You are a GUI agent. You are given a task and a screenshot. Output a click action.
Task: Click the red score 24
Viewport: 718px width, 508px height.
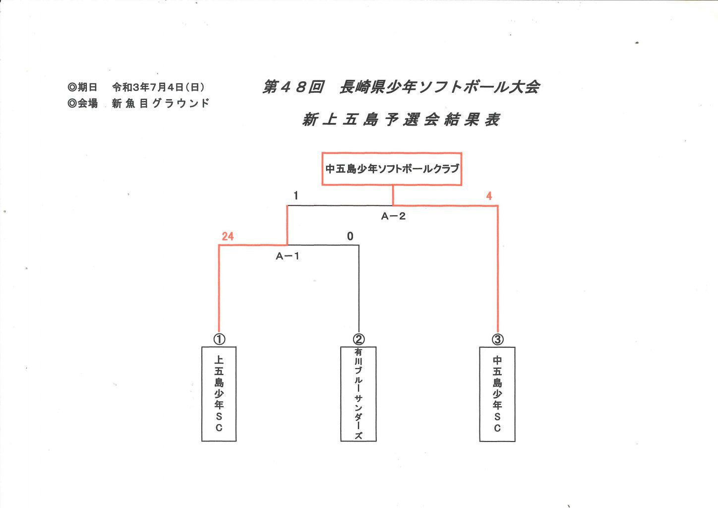pyautogui.click(x=228, y=236)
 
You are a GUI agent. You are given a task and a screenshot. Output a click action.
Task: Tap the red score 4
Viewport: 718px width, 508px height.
pyautogui.click(x=489, y=196)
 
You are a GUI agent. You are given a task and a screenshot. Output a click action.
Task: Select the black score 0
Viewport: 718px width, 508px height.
pyautogui.click(x=350, y=236)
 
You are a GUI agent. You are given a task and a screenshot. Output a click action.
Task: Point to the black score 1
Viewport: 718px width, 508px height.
pyautogui.click(x=296, y=195)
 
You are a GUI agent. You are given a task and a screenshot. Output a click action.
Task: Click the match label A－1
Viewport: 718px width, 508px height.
pyautogui.click(x=288, y=256)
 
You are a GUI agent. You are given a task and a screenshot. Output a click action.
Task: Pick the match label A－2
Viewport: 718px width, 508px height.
pyautogui.click(x=393, y=216)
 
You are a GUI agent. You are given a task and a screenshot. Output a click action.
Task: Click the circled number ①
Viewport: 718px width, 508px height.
pyautogui.click(x=219, y=339)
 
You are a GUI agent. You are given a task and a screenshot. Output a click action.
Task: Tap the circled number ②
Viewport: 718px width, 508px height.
pyautogui.click(x=359, y=339)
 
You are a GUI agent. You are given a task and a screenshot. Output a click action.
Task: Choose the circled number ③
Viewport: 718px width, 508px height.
pyautogui.click(x=497, y=339)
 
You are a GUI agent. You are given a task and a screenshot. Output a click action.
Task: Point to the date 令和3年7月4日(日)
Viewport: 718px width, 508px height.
pyautogui.click(x=158, y=87)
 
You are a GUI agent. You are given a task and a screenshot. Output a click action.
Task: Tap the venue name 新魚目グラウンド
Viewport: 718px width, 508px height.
pyautogui.click(x=161, y=103)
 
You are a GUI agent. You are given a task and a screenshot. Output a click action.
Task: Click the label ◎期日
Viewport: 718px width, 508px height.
pyautogui.click(x=82, y=87)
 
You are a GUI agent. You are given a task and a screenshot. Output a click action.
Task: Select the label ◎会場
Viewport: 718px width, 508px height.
pyautogui.click(x=82, y=103)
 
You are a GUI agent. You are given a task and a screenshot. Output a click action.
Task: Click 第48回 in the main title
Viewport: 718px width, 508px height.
pyautogui.click(x=293, y=87)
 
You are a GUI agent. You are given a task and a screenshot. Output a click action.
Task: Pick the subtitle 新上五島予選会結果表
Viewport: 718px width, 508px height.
pyautogui.click(x=401, y=120)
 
